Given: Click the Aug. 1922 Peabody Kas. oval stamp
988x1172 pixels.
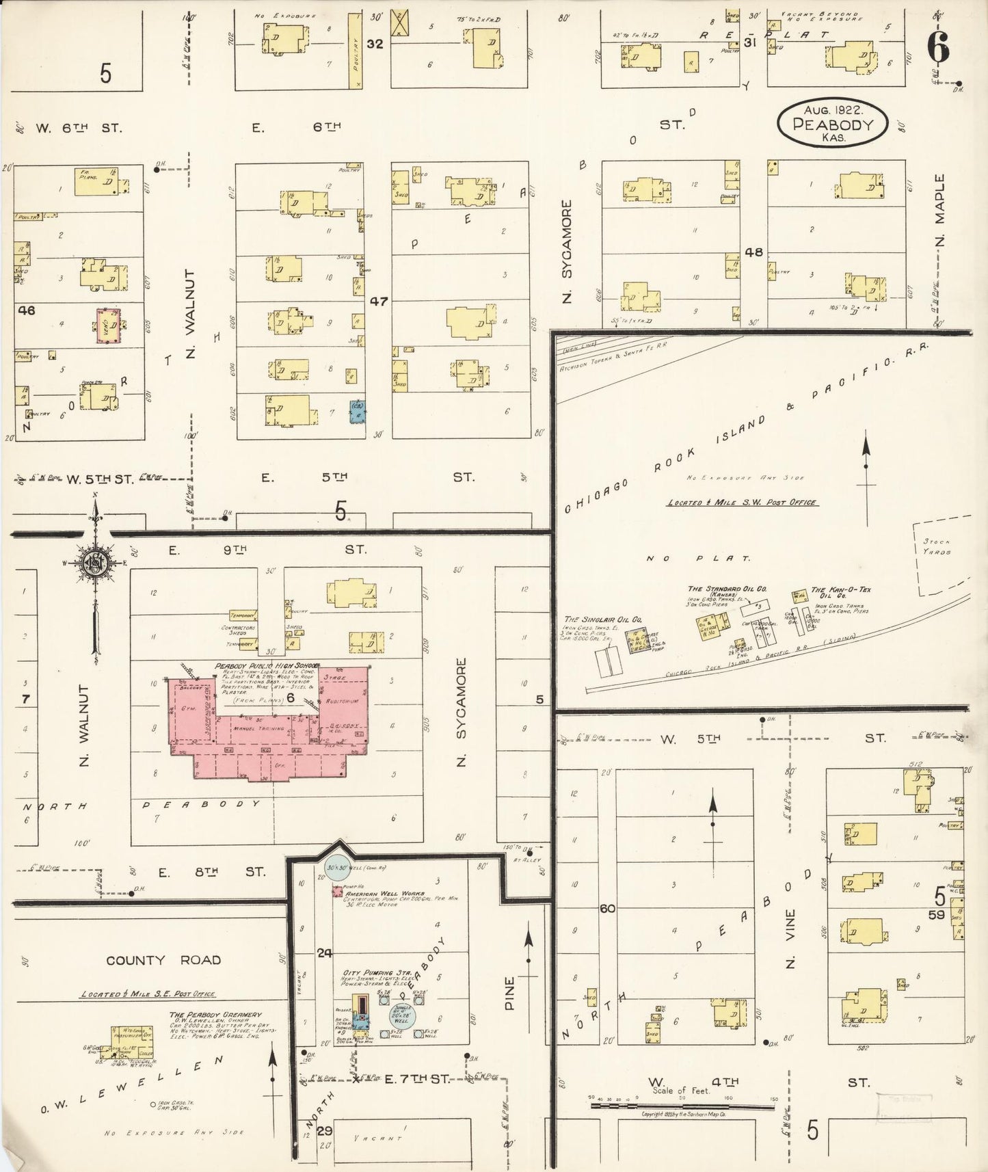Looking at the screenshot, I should coord(832,123).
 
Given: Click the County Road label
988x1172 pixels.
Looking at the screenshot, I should coord(163,961).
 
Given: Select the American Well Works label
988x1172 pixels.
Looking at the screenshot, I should coord(385,894).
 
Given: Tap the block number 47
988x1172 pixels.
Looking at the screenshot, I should coord(379,301).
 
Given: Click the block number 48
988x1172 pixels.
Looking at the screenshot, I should coord(753,252).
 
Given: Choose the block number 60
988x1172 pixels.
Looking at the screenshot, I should coord(606,909).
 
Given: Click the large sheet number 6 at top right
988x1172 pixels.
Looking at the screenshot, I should coord(937,46).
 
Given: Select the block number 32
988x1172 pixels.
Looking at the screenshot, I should coord(374,44).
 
